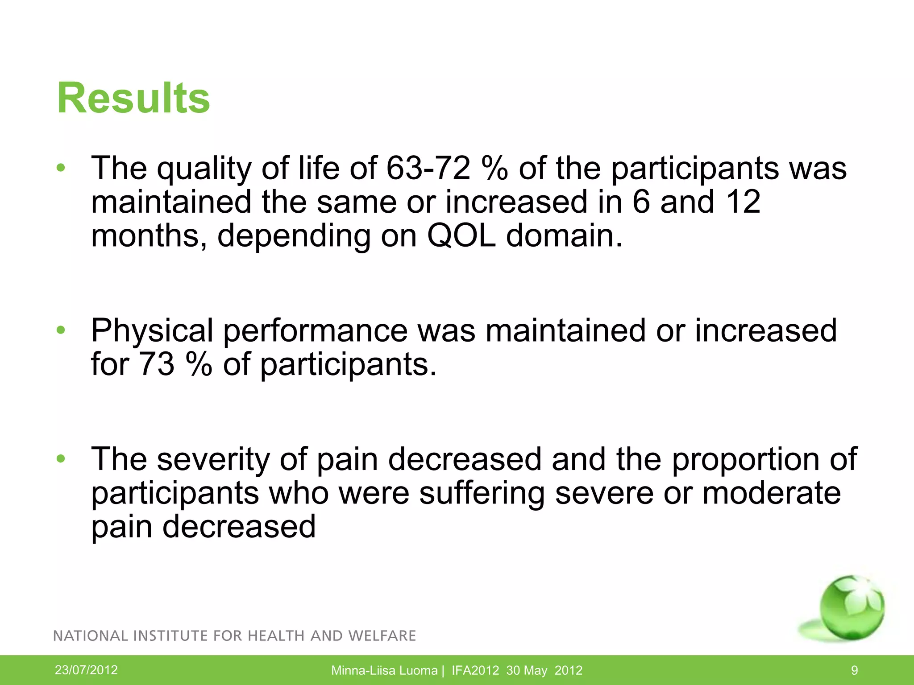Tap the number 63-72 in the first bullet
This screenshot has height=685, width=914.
click(428, 168)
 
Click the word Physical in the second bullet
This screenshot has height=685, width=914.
click(152, 331)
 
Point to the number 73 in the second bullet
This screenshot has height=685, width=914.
click(156, 364)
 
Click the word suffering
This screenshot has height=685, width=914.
click(482, 493)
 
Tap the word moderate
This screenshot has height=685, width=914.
click(772, 493)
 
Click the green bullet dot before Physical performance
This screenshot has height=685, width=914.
click(61, 330)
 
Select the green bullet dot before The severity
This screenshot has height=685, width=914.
click(61, 459)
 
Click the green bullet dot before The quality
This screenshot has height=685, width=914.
click(61, 168)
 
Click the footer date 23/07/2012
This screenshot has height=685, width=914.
click(86, 670)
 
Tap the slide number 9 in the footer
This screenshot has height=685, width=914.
click(854, 670)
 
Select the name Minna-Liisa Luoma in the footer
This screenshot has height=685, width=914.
click(384, 670)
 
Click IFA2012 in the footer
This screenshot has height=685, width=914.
click(475, 670)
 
